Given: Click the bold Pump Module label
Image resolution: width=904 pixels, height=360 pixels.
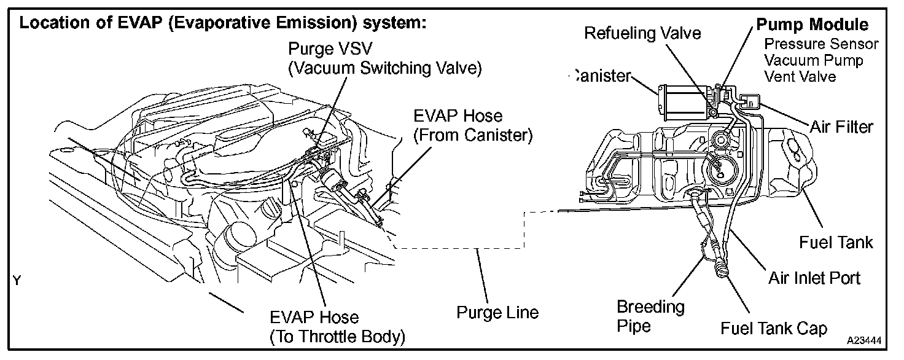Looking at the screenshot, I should tap(812, 25).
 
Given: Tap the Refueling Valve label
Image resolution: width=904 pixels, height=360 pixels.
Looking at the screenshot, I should tap(642, 33).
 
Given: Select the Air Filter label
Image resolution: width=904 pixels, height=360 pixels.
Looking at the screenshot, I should tap(841, 127).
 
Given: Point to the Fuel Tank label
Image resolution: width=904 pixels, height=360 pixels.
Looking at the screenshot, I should tap(836, 242).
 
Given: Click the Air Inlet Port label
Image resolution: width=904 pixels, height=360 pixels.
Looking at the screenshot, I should tap(814, 278).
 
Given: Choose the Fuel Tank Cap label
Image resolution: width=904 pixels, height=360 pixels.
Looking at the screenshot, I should tap(774, 328).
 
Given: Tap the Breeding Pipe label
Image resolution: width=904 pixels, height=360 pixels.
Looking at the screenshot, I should tap(642, 315).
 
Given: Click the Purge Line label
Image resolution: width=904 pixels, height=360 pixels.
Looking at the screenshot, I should tap(497, 313).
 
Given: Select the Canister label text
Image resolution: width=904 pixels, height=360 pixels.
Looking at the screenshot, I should tap(601, 76).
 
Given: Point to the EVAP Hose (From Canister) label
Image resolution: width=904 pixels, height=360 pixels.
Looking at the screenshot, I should tap(472, 125).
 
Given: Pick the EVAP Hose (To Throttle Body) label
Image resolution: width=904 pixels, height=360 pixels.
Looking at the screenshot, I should tap(338, 327).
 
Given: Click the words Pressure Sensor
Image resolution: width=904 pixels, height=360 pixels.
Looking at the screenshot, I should tap(821, 44).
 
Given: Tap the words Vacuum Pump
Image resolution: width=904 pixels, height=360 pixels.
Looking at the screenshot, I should tap(813, 60).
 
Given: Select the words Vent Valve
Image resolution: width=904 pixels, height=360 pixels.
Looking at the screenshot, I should tap(800, 77).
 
